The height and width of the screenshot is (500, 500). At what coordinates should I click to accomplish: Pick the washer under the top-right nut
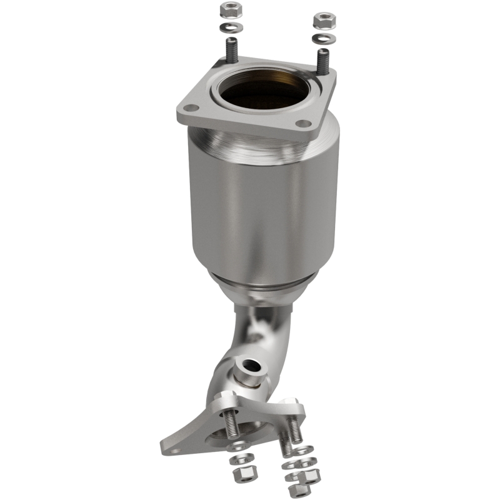(323, 37)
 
